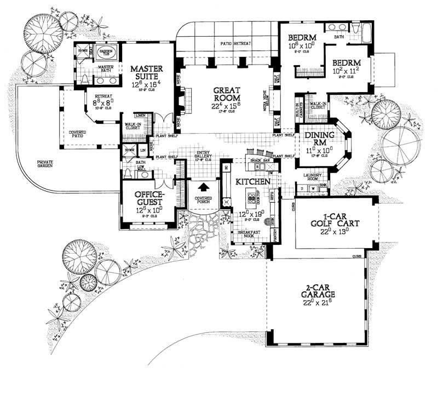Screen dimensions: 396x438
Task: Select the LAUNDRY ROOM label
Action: tap(314, 178)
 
